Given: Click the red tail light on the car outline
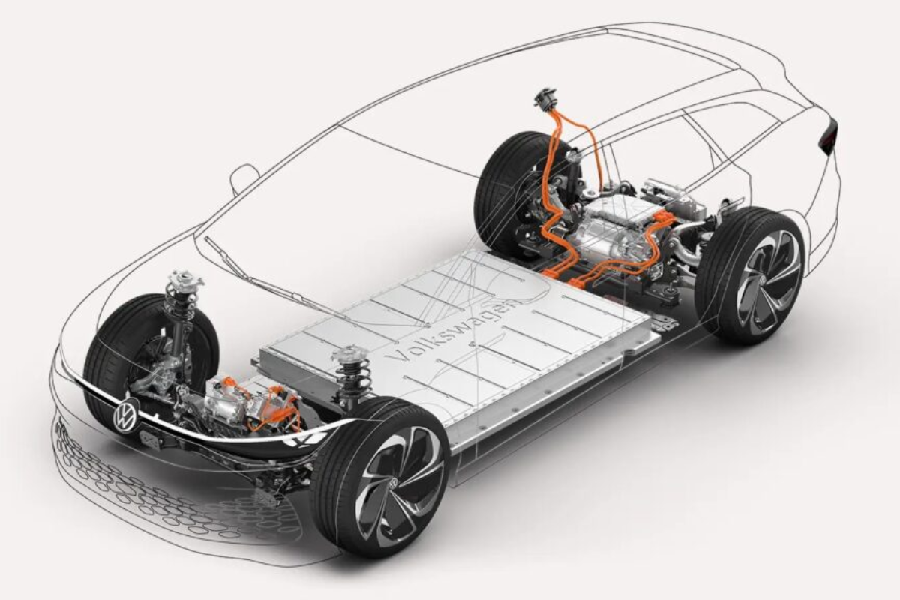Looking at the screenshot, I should (x=829, y=135).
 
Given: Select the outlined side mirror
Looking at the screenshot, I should (x=243, y=178).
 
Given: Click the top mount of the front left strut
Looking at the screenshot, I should (x=182, y=280).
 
